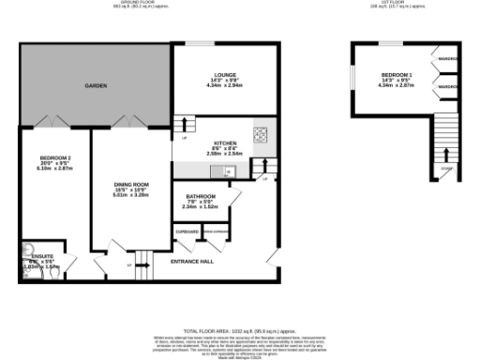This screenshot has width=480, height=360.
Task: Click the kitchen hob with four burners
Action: coord(262,133)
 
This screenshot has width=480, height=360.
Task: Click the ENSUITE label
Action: coord(43,255)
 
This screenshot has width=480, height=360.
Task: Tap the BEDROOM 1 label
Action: coord(395,74)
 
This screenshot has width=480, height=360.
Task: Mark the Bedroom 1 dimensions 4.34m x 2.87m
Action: coord(395,84)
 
